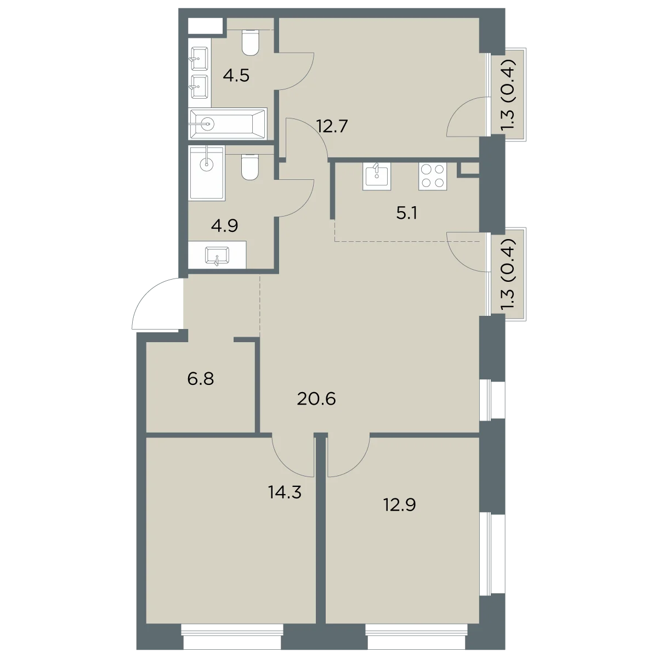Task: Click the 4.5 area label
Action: (236, 76)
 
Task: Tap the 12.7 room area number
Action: (332, 126)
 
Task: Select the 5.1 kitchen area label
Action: (407, 213)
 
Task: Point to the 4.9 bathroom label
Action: (224, 225)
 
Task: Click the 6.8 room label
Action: (201, 379)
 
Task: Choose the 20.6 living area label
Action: (316, 399)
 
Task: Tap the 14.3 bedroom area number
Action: (285, 492)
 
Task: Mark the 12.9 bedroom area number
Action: (400, 504)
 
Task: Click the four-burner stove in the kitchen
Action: (433, 176)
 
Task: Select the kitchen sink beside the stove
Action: (377, 176)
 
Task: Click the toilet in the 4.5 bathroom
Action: (250, 42)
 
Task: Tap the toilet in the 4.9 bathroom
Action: (250, 167)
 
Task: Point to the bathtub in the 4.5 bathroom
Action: (228, 123)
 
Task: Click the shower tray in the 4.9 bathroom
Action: (207, 172)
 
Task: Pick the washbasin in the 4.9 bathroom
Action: (217, 255)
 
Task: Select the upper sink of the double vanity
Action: (198, 58)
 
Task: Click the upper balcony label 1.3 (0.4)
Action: (509, 94)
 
